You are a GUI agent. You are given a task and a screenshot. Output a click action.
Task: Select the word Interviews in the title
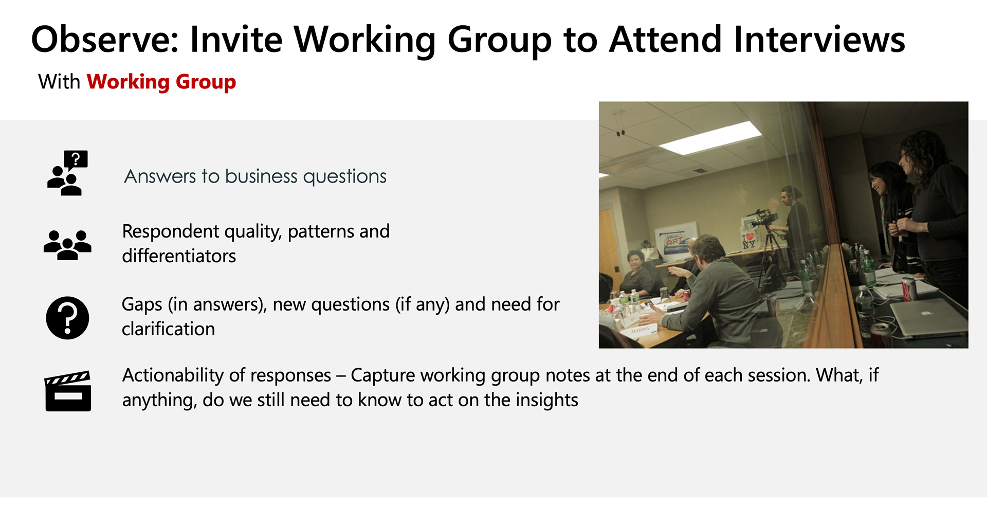pyautogui.click(x=819, y=40)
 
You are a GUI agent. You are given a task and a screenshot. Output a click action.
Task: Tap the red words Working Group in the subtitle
pyautogui.click(x=161, y=82)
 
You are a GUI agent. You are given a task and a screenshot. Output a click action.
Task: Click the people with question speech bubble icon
pyautogui.click(x=67, y=173)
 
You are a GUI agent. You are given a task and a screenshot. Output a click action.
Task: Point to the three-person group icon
pyautogui.click(x=67, y=245)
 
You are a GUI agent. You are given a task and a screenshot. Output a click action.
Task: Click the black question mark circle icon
pyautogui.click(x=67, y=318)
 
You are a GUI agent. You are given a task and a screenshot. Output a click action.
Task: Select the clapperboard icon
pyautogui.click(x=68, y=391)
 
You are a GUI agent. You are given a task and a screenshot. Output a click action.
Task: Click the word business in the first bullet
pyautogui.click(x=261, y=176)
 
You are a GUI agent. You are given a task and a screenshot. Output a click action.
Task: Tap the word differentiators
pyautogui.click(x=179, y=256)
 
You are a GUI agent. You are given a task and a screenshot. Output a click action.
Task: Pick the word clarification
pyautogui.click(x=169, y=329)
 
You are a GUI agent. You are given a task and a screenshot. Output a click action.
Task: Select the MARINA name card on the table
pyautogui.click(x=641, y=330)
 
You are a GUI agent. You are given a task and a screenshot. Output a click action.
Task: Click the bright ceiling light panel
pyautogui.click(x=709, y=137)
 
